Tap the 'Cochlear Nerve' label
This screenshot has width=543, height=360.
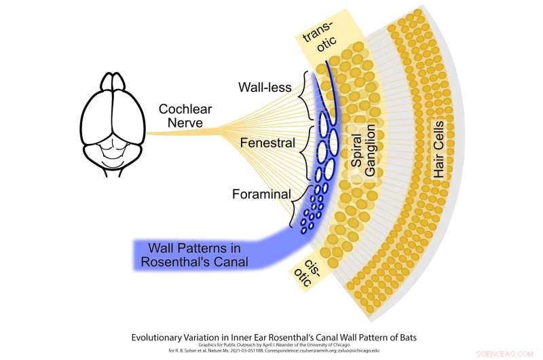point(183,118)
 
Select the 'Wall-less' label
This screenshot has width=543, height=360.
point(265,88)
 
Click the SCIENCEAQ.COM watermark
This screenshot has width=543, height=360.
point(508,353)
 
